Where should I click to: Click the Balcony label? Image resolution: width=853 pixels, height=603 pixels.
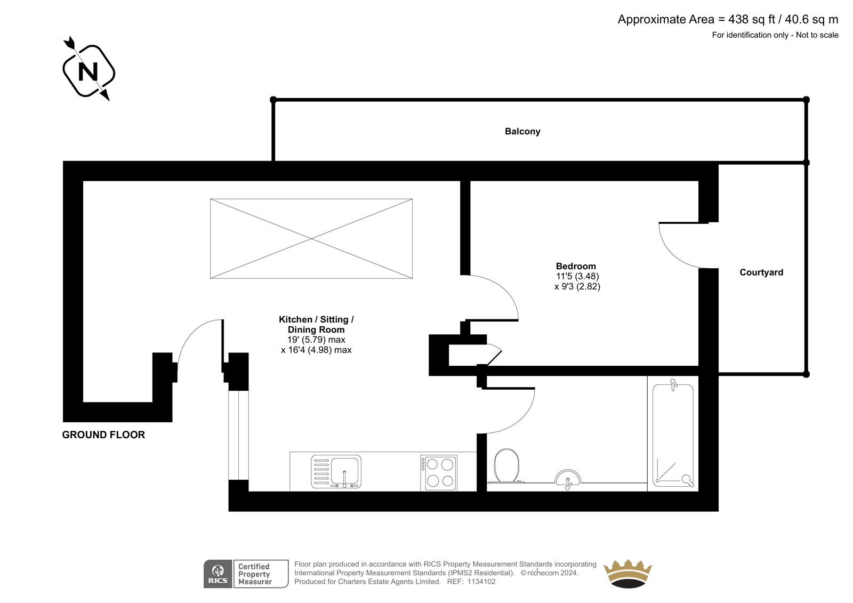[522, 131]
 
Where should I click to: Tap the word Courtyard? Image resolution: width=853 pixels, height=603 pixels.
[761, 272]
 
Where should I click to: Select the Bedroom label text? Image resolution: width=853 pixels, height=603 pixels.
[575, 266]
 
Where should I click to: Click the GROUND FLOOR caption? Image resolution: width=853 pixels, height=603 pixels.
[103, 435]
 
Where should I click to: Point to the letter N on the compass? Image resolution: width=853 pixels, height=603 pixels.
[88, 71]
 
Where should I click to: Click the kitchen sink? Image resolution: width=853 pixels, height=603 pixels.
[336, 472]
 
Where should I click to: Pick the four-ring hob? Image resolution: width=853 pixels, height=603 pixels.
[439, 473]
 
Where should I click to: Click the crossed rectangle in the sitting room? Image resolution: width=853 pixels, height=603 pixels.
[311, 238]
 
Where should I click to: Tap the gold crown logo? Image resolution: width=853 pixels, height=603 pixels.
[627, 573]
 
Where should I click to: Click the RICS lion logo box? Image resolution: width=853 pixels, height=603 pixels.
[218, 574]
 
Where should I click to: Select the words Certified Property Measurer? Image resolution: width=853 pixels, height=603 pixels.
[255, 574]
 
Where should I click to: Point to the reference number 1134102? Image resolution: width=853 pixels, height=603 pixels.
[481, 582]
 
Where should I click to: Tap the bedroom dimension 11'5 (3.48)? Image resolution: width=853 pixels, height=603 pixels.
[577, 276]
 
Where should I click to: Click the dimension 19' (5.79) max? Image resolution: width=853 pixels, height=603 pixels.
[316, 340]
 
